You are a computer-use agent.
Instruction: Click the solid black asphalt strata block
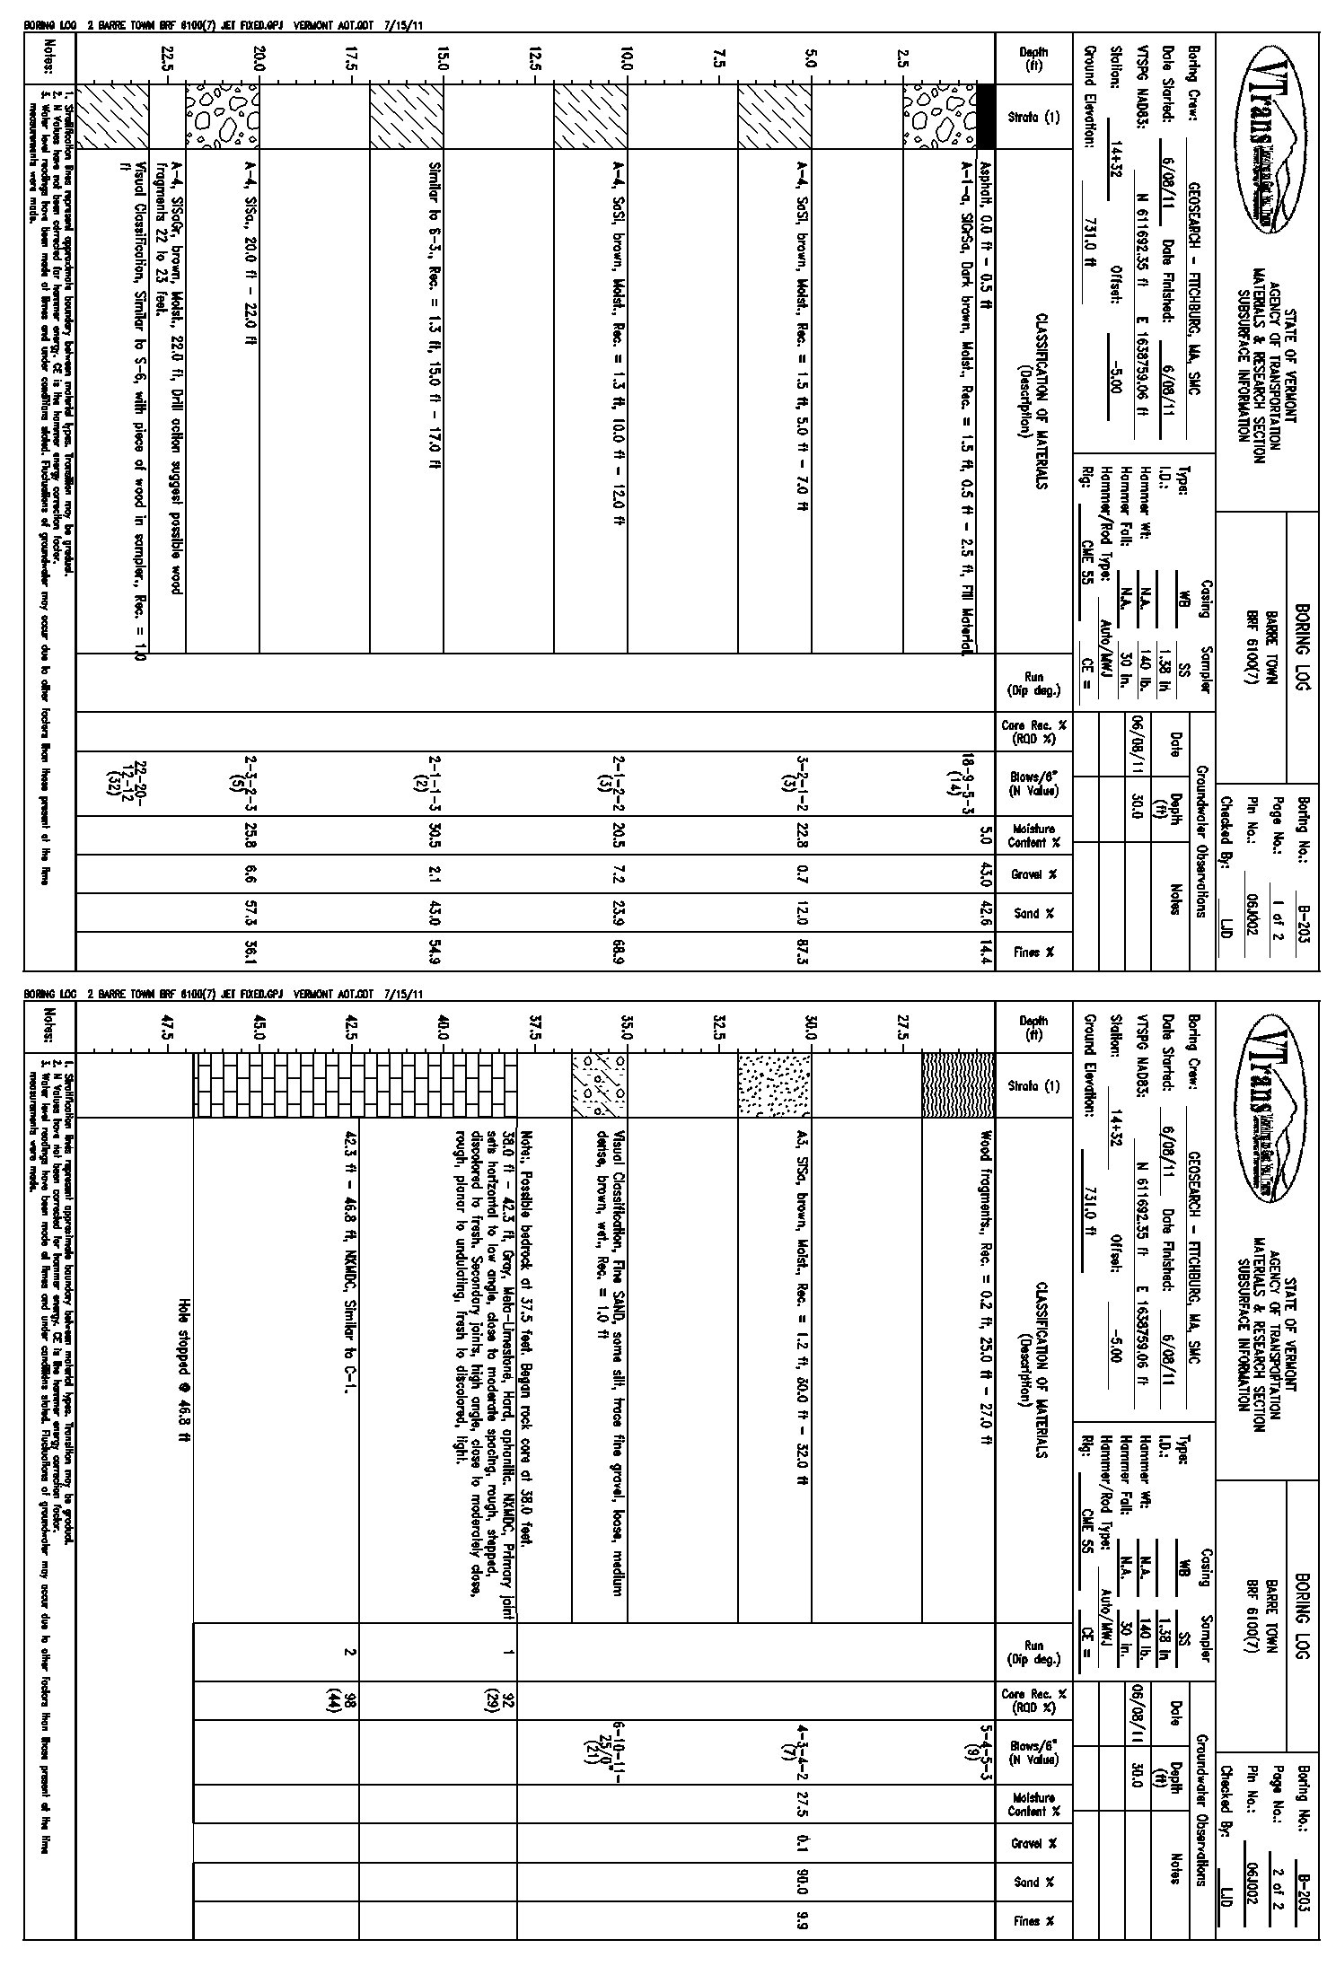[x=985, y=117]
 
